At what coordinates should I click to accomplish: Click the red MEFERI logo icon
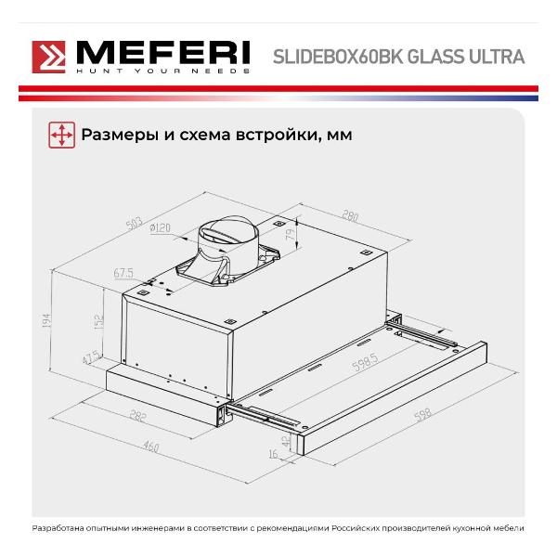(48, 58)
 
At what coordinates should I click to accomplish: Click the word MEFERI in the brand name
(163, 53)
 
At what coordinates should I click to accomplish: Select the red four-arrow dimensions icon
(62, 135)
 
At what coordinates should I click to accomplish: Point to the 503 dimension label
(135, 223)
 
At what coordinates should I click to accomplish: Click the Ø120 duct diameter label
(160, 228)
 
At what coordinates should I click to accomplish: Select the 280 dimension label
(350, 215)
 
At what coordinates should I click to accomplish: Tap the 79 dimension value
(291, 234)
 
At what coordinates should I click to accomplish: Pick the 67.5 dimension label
(123, 273)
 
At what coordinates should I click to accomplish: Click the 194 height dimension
(46, 321)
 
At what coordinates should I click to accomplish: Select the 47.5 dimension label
(91, 357)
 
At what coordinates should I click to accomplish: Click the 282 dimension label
(137, 416)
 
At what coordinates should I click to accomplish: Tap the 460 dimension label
(150, 447)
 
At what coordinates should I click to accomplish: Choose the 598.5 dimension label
(365, 362)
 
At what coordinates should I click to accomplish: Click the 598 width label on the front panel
(423, 414)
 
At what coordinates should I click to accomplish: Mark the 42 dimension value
(286, 441)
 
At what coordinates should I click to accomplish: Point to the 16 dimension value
(274, 454)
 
